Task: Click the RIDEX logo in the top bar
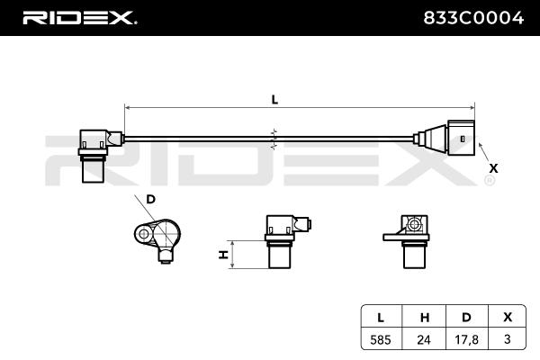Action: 78,17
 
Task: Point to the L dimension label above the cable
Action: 274,102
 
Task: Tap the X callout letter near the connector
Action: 492,167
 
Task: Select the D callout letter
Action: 150,198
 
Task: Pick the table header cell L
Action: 382,316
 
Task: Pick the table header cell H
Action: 423,316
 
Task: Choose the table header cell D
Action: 464,316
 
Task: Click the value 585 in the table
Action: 382,340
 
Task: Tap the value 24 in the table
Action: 423,340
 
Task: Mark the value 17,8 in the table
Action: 464,340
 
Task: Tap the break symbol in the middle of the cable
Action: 274,138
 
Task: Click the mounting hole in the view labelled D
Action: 143,235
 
